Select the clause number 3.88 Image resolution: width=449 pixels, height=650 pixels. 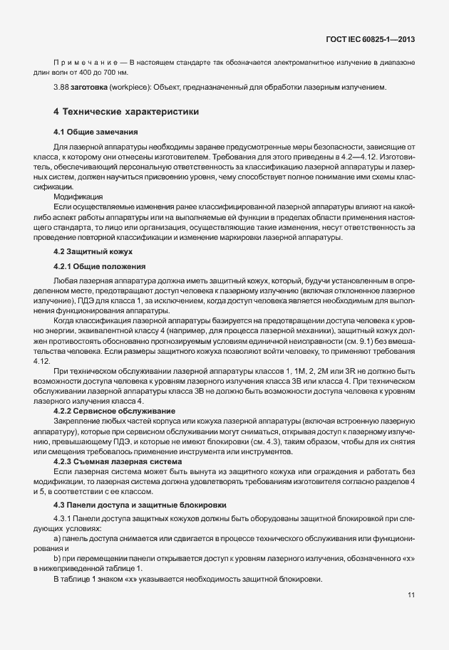tap(61, 88)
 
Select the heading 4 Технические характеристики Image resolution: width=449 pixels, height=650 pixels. tap(127, 112)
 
